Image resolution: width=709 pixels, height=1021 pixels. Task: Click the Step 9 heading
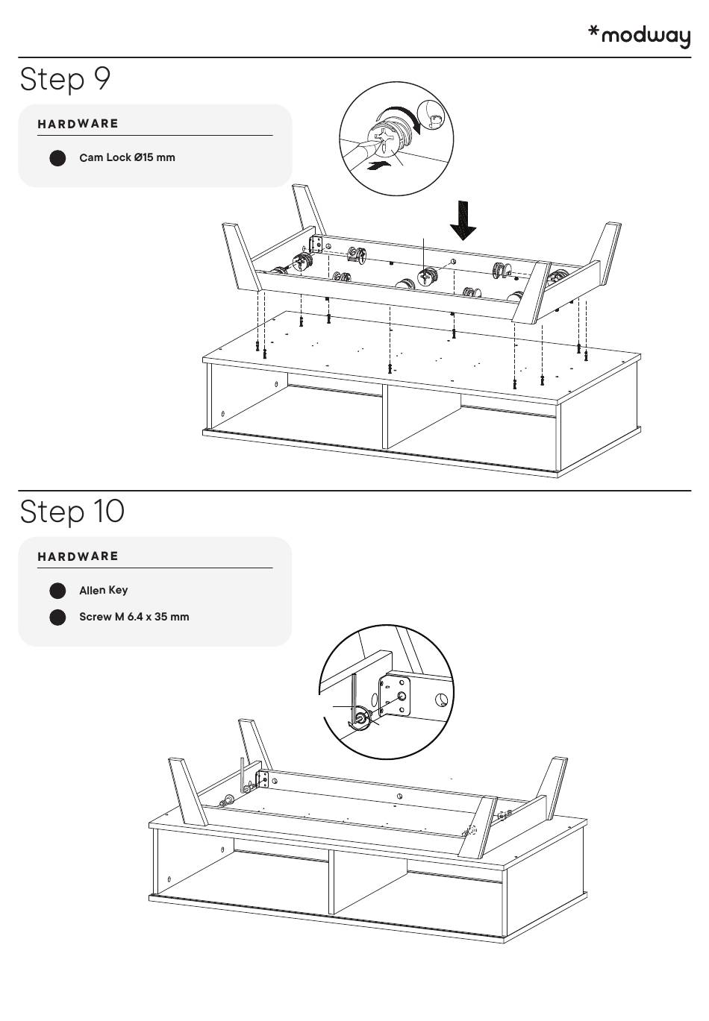65,78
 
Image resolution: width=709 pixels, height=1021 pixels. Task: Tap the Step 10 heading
72,512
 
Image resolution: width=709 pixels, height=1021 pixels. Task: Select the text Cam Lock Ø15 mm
127,157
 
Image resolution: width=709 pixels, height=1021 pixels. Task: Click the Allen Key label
103,590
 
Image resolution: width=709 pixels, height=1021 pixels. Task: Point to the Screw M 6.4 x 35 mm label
134,617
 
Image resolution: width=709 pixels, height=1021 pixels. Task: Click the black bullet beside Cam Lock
57,158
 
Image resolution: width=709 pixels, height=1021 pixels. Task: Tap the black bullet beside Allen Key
57,591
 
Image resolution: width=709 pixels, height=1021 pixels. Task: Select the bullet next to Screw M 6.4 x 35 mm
57,618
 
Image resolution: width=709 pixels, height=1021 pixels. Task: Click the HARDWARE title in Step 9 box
78,124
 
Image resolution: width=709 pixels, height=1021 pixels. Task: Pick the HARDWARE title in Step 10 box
78,556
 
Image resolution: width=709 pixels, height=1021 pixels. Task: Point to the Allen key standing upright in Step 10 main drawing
242,776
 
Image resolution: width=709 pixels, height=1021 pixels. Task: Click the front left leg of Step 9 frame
241,257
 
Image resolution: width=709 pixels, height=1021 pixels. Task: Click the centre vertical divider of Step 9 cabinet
384,417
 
